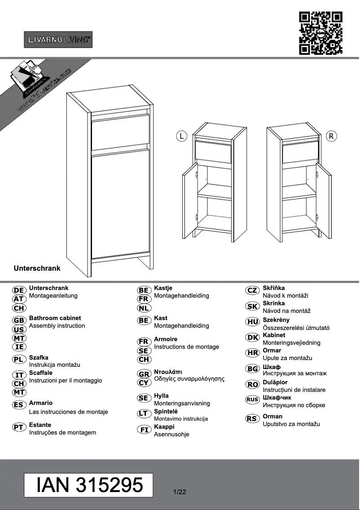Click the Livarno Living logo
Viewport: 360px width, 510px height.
[58, 40]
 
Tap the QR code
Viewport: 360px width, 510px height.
[320, 33]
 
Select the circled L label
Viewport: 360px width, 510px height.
[181, 136]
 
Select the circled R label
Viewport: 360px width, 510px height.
[331, 136]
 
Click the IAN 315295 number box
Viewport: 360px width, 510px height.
[88, 485]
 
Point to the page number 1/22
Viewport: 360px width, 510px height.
[179, 492]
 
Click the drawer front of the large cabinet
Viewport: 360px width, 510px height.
[120, 132]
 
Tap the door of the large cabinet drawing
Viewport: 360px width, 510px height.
[120, 204]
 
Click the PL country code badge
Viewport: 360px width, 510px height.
[19, 359]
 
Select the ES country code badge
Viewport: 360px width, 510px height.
[19, 405]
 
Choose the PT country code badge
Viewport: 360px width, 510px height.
[19, 427]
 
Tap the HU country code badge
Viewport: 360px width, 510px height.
[253, 322]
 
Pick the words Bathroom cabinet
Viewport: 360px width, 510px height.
[55, 318]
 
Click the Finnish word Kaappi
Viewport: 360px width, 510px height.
[164, 426]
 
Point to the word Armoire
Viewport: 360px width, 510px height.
[166, 339]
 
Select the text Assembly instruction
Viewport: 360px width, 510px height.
[57, 325]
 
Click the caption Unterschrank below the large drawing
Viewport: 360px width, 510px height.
[37, 268]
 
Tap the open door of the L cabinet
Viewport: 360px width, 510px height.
[190, 200]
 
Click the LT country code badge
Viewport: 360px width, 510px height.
[144, 413]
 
